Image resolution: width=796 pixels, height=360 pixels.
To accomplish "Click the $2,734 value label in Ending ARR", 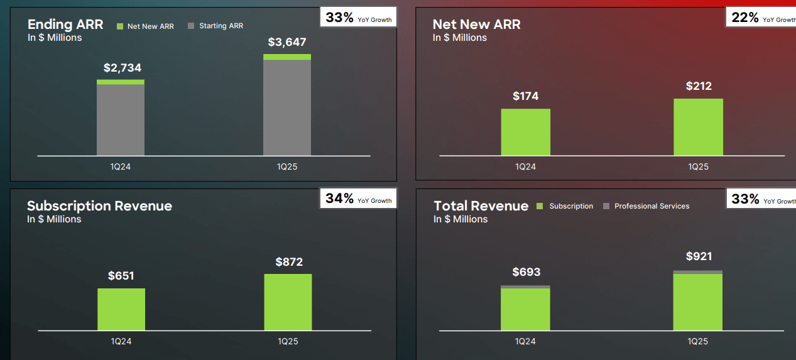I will click(122, 68).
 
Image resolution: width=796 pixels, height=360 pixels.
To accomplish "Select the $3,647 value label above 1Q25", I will click(286, 43).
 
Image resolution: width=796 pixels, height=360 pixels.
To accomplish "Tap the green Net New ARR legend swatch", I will click(120, 26).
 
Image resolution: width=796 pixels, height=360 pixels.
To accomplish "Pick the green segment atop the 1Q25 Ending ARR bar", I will click(286, 57).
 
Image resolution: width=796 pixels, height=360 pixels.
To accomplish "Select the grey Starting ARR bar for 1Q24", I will click(121, 119).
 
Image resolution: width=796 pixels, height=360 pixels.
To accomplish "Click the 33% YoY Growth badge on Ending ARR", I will click(358, 18).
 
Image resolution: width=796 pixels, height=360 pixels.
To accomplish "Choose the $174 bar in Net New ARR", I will click(525, 132).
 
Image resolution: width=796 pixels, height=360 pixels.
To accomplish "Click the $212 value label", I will click(698, 86).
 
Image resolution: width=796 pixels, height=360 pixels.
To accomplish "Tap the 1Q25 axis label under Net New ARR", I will click(698, 166).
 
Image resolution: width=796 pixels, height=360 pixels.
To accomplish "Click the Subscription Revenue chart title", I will click(99, 206).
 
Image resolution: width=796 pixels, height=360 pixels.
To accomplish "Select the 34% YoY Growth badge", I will click(358, 199).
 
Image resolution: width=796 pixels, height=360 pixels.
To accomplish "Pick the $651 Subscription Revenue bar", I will click(121, 309).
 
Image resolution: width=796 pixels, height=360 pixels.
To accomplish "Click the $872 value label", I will click(289, 262).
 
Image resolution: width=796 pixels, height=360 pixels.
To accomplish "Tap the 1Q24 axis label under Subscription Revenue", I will click(121, 341).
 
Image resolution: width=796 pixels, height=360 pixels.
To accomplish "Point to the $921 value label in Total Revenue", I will click(699, 256).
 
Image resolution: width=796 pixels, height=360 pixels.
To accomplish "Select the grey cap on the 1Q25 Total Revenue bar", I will click(697, 272).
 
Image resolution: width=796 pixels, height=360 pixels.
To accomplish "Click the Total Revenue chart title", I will click(481, 206).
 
